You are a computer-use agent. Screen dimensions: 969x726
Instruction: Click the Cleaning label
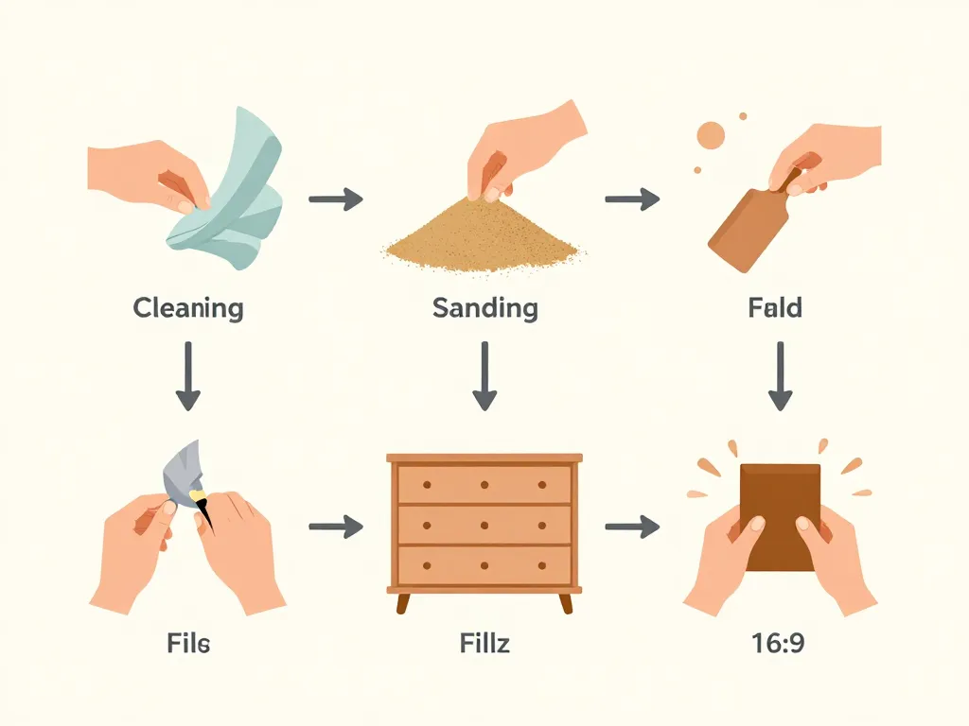[x=188, y=308]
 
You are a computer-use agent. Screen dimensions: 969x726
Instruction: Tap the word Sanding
[x=485, y=308]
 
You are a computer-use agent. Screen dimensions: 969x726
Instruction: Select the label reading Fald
[x=775, y=307]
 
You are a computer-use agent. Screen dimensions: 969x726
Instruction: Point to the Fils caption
[x=188, y=643]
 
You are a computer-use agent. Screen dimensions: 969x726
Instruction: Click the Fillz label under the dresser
[x=484, y=643]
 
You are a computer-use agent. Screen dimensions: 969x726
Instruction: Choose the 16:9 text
[x=778, y=643]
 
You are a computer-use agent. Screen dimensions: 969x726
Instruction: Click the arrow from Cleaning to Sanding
[x=336, y=199]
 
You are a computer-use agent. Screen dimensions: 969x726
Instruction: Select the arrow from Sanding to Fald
[x=632, y=199]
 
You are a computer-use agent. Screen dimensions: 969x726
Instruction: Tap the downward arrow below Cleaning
[x=188, y=376]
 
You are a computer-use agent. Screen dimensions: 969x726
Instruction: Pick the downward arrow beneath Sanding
[x=484, y=376]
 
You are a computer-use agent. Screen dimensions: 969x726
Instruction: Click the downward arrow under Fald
[x=781, y=376]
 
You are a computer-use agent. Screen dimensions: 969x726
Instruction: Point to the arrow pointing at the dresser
[x=336, y=527]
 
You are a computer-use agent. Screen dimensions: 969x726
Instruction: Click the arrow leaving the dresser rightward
[x=632, y=527]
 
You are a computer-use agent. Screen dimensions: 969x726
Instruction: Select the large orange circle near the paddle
[x=711, y=135]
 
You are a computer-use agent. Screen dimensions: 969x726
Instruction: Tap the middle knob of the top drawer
[x=484, y=485]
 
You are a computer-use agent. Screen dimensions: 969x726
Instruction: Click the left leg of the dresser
[x=402, y=603]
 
